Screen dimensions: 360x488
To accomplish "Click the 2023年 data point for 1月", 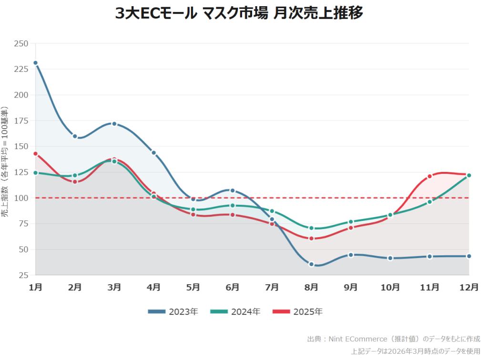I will point(35,63).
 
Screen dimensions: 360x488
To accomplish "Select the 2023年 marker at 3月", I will point(114,124).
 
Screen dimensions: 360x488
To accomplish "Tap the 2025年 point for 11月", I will point(429,176).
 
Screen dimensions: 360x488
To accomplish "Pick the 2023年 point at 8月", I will point(311,264).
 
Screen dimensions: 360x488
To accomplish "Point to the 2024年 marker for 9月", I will point(351,222).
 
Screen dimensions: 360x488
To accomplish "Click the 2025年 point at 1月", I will point(35,154).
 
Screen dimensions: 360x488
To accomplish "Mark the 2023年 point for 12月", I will point(469,256).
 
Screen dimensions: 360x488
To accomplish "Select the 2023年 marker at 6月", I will point(233,190).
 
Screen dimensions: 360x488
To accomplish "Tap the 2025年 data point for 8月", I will point(311,238).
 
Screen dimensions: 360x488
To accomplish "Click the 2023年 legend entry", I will point(173,312).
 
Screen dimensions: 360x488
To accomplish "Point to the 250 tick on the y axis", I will point(22,44).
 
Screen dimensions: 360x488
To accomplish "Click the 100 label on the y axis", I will point(22,198).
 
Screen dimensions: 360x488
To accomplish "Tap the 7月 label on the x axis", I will point(272,287).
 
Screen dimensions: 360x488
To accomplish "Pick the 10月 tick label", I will point(390,287).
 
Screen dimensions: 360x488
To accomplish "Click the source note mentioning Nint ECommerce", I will point(394,339).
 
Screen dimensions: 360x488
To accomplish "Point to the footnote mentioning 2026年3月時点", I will point(416,351).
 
